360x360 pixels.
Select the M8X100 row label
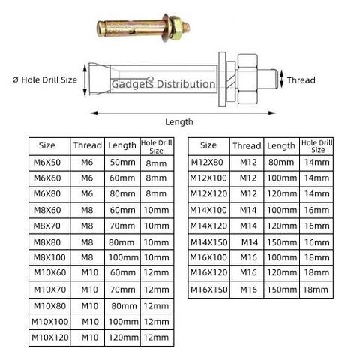click(x=49, y=257)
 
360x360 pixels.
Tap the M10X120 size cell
click(x=49, y=337)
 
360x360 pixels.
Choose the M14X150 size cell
click(x=208, y=242)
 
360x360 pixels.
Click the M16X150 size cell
click(x=208, y=289)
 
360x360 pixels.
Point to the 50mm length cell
click(x=122, y=163)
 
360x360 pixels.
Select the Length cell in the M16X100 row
click(x=282, y=257)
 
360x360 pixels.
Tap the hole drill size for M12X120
click(x=316, y=194)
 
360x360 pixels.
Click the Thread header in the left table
click(x=88, y=145)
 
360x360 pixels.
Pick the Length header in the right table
click(x=281, y=146)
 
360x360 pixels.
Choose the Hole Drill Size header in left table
click(x=157, y=146)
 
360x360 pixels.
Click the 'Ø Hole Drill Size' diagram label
click(x=45, y=80)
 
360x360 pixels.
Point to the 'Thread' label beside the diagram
click(x=301, y=80)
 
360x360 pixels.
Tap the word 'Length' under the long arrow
click(x=179, y=122)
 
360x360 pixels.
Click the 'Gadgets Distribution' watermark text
click(x=163, y=84)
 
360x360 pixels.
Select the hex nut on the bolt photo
click(x=176, y=28)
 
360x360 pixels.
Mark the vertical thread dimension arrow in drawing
click(x=282, y=79)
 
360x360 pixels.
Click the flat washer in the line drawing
click(x=222, y=79)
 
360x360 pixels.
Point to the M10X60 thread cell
click(x=90, y=273)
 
